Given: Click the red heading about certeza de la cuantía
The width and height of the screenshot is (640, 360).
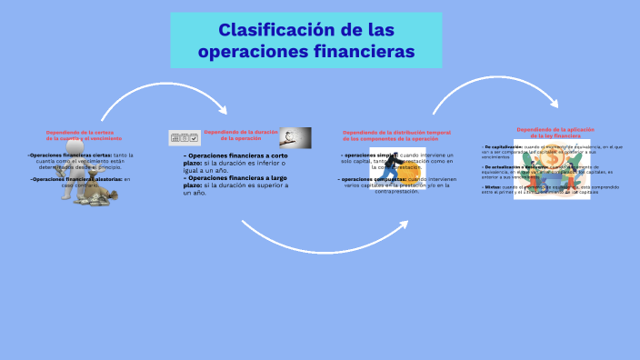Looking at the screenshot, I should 84,135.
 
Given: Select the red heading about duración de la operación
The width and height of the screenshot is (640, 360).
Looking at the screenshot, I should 240,135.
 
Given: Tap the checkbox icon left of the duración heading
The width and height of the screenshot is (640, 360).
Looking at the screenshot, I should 185,137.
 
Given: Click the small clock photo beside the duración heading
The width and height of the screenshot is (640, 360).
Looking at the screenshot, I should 295,136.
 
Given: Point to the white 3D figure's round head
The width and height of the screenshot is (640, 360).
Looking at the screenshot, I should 75,145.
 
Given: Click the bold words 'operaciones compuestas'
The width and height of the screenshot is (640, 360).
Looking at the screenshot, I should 374,179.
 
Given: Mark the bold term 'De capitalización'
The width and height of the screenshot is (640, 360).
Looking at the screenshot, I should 504,146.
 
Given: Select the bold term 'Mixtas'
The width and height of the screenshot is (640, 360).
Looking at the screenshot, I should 491,186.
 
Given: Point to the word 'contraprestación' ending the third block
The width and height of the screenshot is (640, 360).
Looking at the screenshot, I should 395,192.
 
